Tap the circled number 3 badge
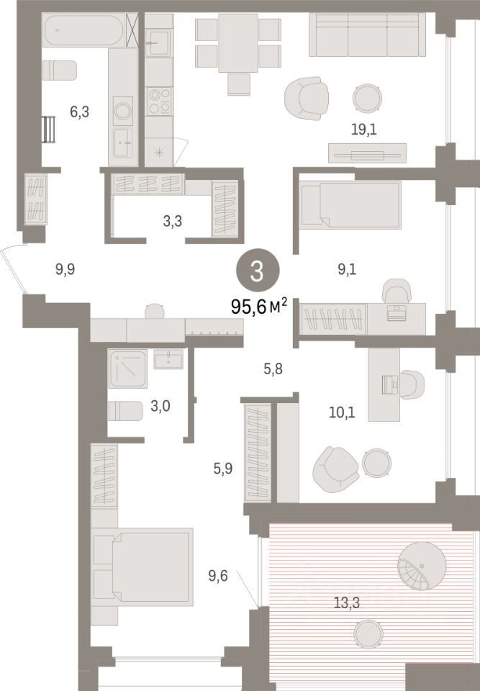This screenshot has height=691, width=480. [x=258, y=272]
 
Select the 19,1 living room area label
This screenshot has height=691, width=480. [x=364, y=130]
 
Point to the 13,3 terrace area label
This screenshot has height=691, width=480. [x=346, y=602]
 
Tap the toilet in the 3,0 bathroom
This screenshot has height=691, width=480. [x=125, y=411]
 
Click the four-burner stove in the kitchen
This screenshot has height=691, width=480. [x=158, y=101]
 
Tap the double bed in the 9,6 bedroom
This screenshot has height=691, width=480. [x=142, y=566]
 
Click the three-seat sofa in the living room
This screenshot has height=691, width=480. [x=367, y=35]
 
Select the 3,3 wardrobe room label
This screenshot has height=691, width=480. [x=172, y=221]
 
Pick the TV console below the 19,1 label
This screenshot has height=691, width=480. [x=367, y=153]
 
